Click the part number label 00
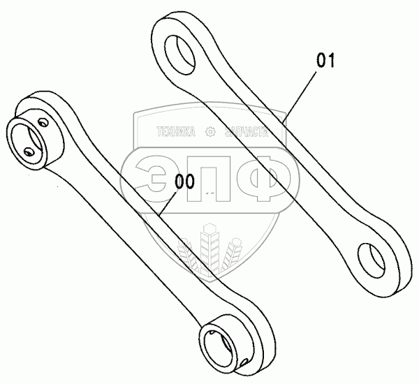pos(184,182)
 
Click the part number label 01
pos(326,61)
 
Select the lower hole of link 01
pos(372,257)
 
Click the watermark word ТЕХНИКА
pos(175,131)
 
